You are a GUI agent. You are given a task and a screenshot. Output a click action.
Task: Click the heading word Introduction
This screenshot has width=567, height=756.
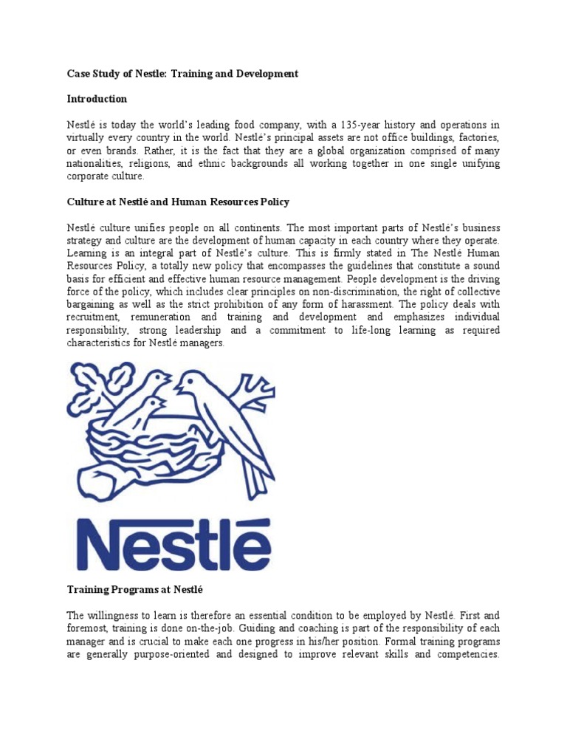point(97,99)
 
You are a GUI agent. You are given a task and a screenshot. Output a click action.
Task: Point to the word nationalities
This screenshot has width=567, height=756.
point(94,164)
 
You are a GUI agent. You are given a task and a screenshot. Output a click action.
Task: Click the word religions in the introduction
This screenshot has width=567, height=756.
point(154,164)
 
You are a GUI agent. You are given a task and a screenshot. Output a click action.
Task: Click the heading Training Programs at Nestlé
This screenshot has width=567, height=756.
point(134,591)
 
